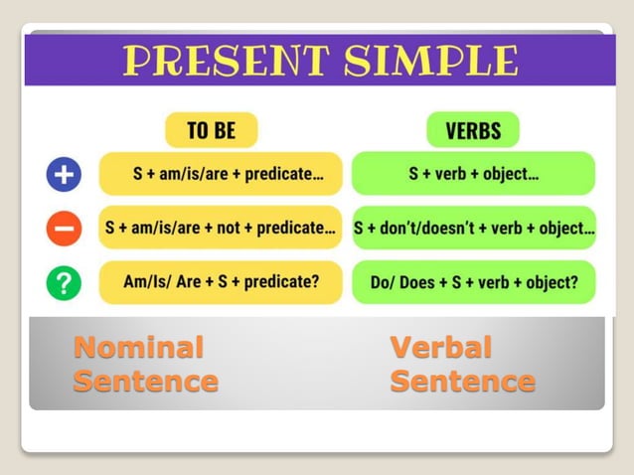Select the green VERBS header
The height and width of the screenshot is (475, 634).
[x=473, y=130]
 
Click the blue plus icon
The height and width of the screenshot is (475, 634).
[x=64, y=175]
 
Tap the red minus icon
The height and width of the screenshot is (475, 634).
[x=64, y=229]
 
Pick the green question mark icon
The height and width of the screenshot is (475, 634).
[x=64, y=283]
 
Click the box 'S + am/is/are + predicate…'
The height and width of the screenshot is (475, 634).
[x=221, y=174]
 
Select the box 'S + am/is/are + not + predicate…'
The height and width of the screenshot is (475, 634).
[x=221, y=228]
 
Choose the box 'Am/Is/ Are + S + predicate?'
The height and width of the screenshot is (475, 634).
[x=221, y=282]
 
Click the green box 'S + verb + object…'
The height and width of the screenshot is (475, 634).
[x=473, y=174]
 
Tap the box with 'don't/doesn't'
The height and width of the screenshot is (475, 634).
[x=473, y=228]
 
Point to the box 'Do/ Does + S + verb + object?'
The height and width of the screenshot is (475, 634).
[x=473, y=282]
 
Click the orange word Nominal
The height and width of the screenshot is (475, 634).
[x=138, y=347]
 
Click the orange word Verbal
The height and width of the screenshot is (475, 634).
[x=440, y=347]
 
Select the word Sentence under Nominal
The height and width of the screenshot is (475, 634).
[x=145, y=381]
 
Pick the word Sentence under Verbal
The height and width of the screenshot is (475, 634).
[x=462, y=381]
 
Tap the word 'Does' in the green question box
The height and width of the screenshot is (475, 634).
[x=418, y=282]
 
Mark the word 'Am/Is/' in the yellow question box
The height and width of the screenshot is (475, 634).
[x=145, y=282]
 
